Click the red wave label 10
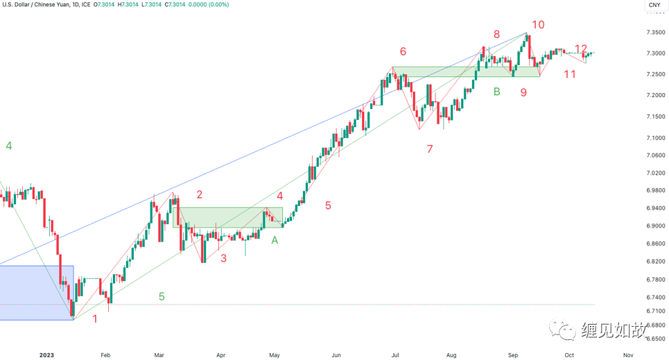coord(538,25)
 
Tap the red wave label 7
coord(430,148)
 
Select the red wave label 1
coord(96,319)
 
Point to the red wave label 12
coord(581,49)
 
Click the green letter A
coord(275,240)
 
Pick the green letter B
coord(496,91)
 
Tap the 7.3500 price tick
coord(655,33)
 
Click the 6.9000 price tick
coord(655,226)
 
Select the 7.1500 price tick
coord(655,117)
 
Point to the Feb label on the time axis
coord(105,354)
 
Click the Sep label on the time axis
coord(512,354)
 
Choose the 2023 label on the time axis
coord(46,354)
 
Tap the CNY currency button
coord(654,6)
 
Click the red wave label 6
coord(403,51)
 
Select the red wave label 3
coord(223,259)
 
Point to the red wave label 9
coord(523,92)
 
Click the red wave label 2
coord(199,195)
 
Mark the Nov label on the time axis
coord(627,354)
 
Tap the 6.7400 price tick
coord(655,297)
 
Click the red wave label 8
coord(496,34)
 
